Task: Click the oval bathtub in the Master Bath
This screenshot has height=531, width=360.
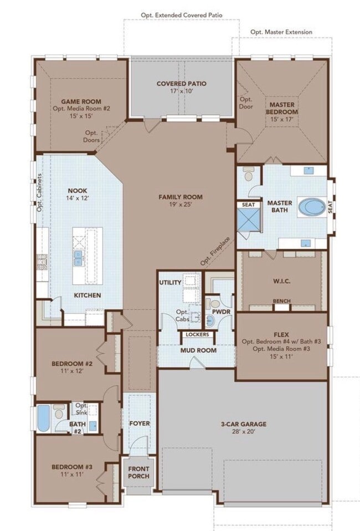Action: pyautogui.click(x=312, y=207)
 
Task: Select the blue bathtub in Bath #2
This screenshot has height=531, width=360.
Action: pyautogui.click(x=43, y=418)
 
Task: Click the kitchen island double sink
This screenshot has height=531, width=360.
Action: pyautogui.click(x=78, y=258)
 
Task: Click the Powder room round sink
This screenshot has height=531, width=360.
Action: pyautogui.click(x=209, y=320)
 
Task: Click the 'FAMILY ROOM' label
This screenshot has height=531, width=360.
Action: pyautogui.click(x=181, y=197)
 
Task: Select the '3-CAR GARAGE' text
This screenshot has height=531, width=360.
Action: pyautogui.click(x=244, y=423)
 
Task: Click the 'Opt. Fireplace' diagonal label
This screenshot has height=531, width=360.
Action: pyautogui.click(x=215, y=251)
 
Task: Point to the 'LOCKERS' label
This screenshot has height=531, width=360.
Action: pyautogui.click(x=198, y=335)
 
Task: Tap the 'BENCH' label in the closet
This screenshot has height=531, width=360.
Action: pyautogui.click(x=282, y=301)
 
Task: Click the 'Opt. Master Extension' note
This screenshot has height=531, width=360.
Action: pyautogui.click(x=281, y=32)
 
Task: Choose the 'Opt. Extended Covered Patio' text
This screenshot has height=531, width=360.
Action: pyautogui.click(x=182, y=15)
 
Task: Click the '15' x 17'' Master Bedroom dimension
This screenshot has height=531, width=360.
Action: pyautogui.click(x=282, y=119)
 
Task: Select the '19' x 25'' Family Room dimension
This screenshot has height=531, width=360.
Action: pyautogui.click(x=181, y=204)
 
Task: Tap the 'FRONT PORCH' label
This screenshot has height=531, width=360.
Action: pyautogui.click(x=138, y=472)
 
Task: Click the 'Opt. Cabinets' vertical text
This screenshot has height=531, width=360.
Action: pyautogui.click(x=39, y=193)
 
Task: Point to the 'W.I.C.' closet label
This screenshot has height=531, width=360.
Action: pyautogui.click(x=282, y=281)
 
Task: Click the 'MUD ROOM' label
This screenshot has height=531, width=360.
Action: pyautogui.click(x=198, y=350)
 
